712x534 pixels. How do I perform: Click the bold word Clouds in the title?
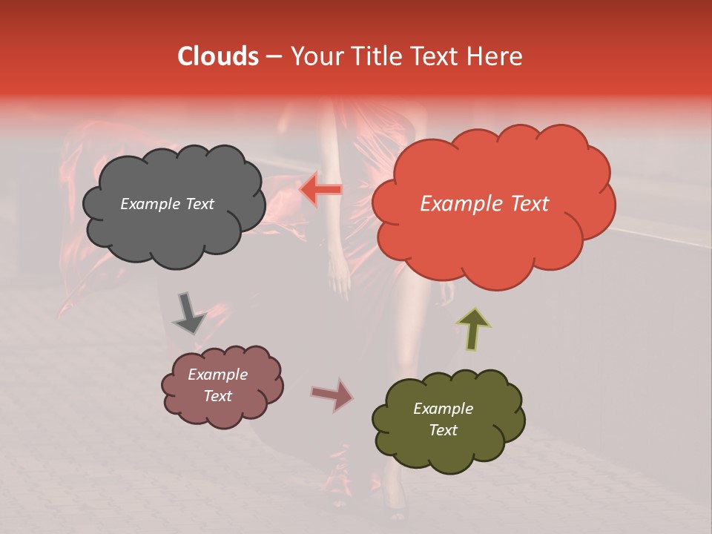tap(218, 56)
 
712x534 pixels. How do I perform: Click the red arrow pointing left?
tap(320, 191)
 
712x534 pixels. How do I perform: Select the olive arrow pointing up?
tap(473, 329)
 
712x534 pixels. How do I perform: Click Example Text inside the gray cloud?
tap(167, 204)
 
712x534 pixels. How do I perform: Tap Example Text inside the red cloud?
tap(484, 204)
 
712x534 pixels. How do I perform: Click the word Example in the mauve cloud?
tap(217, 375)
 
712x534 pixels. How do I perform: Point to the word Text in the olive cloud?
tap(443, 430)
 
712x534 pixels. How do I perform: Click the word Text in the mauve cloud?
tap(217, 396)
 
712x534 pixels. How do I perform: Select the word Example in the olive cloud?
tap(443, 409)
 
